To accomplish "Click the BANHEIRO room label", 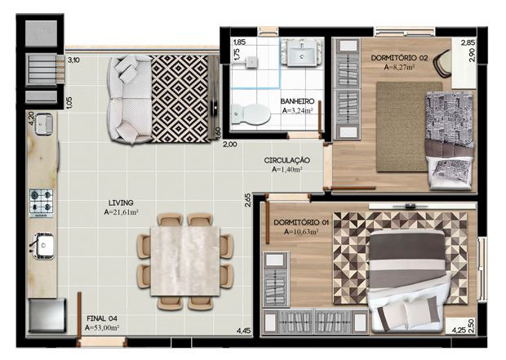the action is (x=297, y=101).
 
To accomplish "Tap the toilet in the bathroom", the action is (x=251, y=113).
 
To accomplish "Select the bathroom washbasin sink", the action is (x=302, y=52).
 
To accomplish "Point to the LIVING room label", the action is (x=121, y=202).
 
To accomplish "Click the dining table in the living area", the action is (x=185, y=261).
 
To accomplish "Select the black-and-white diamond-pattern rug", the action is (x=180, y=99).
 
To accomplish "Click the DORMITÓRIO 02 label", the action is (x=399, y=58).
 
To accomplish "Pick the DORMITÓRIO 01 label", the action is (x=301, y=223).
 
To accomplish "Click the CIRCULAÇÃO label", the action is (x=287, y=160).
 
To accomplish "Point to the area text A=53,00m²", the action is (x=102, y=327).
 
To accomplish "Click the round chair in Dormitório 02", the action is (x=442, y=64).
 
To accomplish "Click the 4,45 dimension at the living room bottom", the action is (x=244, y=331).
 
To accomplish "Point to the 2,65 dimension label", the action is (x=248, y=199).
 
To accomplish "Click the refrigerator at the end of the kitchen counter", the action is (x=47, y=315).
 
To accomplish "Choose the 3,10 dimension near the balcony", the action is (x=74, y=60).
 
